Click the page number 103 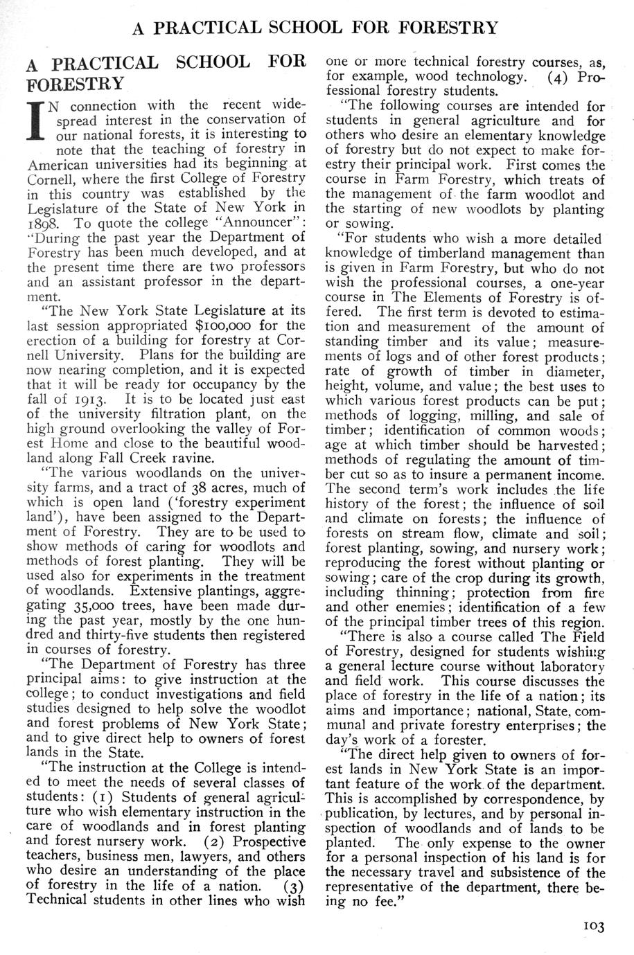(x=595, y=926)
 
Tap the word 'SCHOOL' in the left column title (x=213, y=62)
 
